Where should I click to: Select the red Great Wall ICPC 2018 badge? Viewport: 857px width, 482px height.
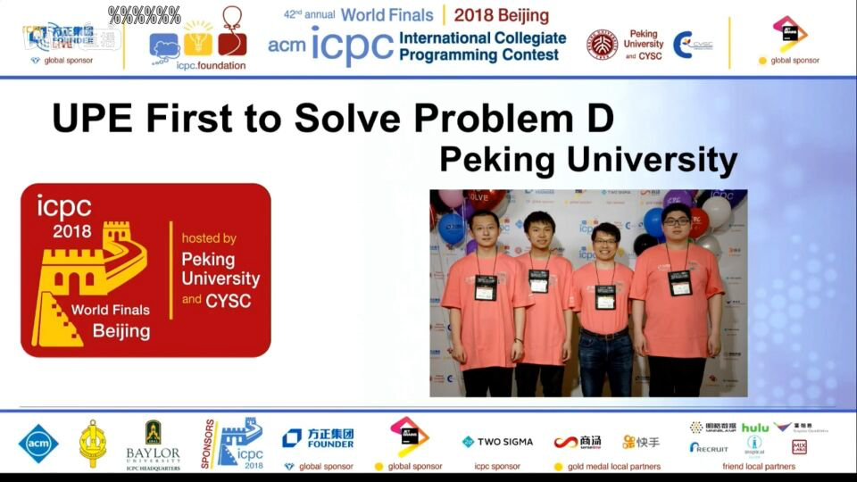pyautogui.click(x=146, y=270)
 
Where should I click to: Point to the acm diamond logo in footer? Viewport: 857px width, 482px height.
pyautogui.click(x=38, y=443)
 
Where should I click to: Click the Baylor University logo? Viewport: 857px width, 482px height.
pyautogui.click(x=153, y=444)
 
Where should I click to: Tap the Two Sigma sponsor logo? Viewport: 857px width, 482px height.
pyautogui.click(x=497, y=442)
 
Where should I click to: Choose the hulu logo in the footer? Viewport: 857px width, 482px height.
pyautogui.click(x=754, y=428)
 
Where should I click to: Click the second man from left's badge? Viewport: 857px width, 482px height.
pyautogui.click(x=538, y=281)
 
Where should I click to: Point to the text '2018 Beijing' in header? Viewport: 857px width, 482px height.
pyautogui.click(x=501, y=15)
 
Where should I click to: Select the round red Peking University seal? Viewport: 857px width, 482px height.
pyautogui.click(x=603, y=44)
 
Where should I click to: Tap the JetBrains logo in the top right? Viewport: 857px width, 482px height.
pyautogui.click(x=789, y=33)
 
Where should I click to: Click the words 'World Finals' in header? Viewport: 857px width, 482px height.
pyautogui.click(x=387, y=15)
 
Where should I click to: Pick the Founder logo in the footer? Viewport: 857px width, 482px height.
pyautogui.click(x=318, y=437)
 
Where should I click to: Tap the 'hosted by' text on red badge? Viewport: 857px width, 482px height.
pyautogui.click(x=209, y=238)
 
